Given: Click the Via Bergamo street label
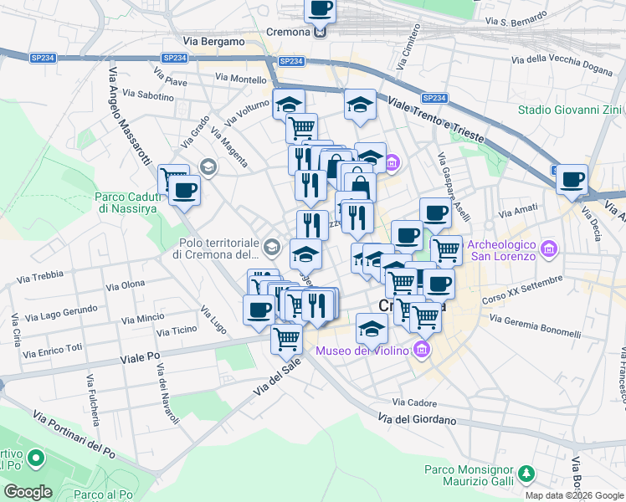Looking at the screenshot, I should pos(213,41).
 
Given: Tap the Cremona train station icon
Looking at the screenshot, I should pos(320,33).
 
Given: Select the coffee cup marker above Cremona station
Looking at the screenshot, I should pos(319,10).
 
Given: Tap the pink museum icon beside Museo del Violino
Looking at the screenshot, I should pos(423,350).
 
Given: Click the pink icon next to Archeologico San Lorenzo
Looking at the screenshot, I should pos(549,249).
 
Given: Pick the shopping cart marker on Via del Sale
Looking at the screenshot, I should pos(286,339).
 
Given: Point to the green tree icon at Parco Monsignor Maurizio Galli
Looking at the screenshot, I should pos(526,474).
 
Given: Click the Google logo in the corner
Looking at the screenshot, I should pos(28,492).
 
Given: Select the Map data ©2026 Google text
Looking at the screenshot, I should pos(574,495).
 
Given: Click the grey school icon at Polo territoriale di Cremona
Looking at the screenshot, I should pos(271,248).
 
